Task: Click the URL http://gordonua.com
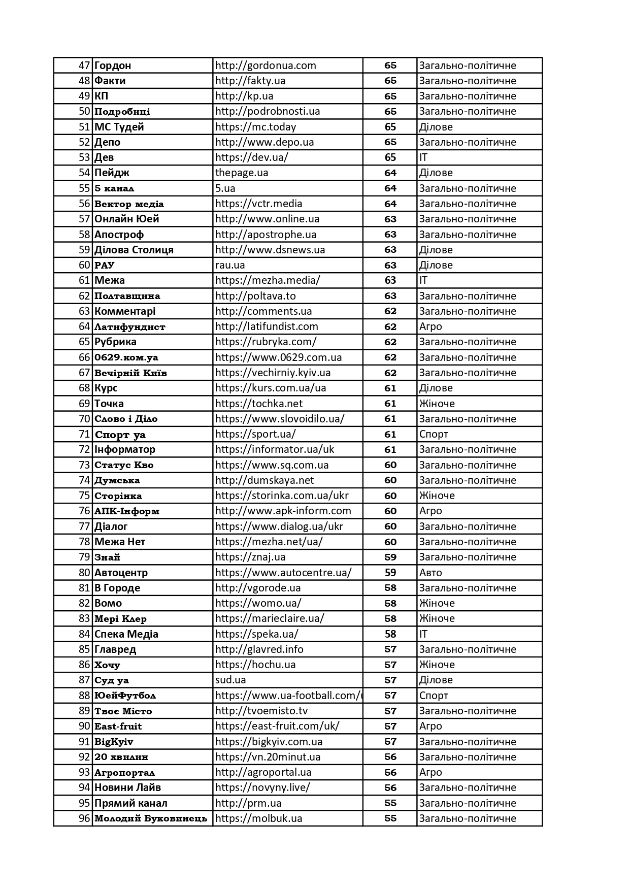click(266, 65)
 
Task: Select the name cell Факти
click(110, 81)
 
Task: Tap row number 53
click(84, 157)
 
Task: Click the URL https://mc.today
click(255, 127)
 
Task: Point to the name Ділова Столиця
click(134, 250)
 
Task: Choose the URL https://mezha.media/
click(268, 280)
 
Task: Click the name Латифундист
click(130, 326)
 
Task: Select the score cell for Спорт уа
click(390, 434)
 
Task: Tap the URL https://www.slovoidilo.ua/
click(280, 419)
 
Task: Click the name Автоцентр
click(121, 573)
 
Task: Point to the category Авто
click(430, 573)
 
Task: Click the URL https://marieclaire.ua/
click(270, 618)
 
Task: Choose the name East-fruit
click(118, 726)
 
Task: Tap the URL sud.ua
click(230, 680)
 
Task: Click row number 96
click(84, 818)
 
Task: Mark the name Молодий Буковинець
click(151, 818)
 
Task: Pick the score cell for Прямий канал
click(390, 803)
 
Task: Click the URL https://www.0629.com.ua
click(278, 357)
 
